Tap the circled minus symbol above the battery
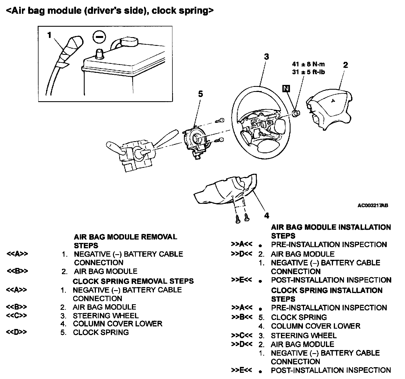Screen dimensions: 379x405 pyautogui.click(x=99, y=38)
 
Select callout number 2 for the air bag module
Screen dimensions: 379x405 pyautogui.click(x=345, y=65)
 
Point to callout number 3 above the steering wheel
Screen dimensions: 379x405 pyautogui.click(x=266, y=57)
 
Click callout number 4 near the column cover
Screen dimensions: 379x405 pyautogui.click(x=267, y=215)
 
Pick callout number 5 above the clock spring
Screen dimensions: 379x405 pyautogui.click(x=200, y=94)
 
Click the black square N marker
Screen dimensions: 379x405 pyautogui.click(x=286, y=89)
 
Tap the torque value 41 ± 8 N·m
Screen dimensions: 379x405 pyautogui.click(x=308, y=64)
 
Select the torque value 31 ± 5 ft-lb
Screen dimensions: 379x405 pyautogui.click(x=308, y=72)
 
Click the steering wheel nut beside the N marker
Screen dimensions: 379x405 pyautogui.click(x=296, y=113)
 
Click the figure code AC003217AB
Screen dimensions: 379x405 pyautogui.click(x=373, y=206)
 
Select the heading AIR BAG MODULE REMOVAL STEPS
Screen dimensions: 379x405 pyautogui.click(x=125, y=241)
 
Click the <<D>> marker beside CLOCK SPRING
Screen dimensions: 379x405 pyautogui.click(x=17, y=332)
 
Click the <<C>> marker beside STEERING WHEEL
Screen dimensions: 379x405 pyautogui.click(x=17, y=315)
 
